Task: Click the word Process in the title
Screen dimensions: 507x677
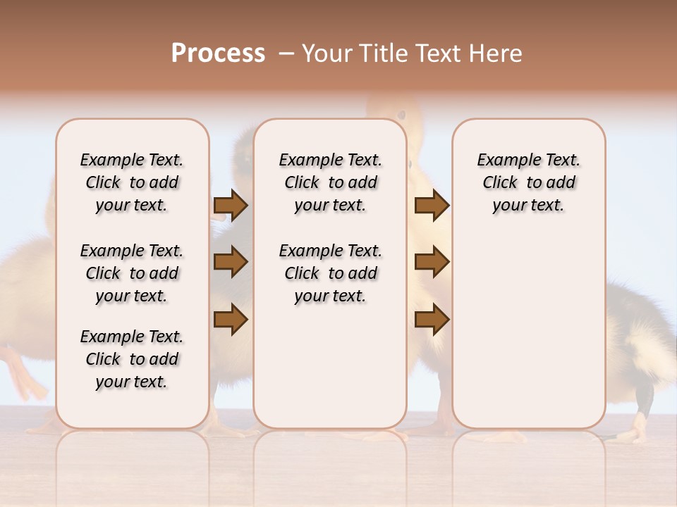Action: click(x=218, y=54)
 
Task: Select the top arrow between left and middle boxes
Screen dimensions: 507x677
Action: click(x=231, y=206)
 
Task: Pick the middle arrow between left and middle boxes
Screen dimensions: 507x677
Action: click(x=231, y=262)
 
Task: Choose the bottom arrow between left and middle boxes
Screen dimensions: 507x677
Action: click(x=231, y=320)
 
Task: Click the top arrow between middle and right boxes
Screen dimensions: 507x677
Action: click(x=432, y=206)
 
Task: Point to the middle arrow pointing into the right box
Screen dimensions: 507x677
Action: click(x=432, y=262)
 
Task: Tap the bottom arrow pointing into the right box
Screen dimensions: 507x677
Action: click(x=432, y=320)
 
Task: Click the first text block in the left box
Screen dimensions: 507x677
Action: click(x=132, y=182)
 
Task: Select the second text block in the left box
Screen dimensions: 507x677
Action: click(x=132, y=273)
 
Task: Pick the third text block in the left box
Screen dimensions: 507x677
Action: click(x=132, y=359)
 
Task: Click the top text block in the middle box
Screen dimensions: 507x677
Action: click(x=331, y=182)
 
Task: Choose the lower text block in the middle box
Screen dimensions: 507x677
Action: click(x=331, y=273)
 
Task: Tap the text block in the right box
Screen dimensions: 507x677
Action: click(x=529, y=182)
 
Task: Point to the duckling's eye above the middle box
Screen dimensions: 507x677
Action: click(x=402, y=114)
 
